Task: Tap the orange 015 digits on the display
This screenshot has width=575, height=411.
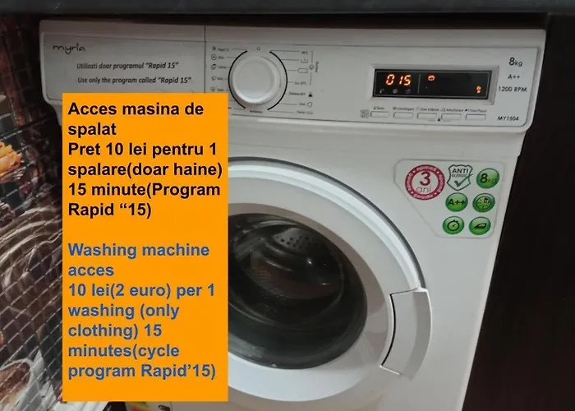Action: tap(399, 81)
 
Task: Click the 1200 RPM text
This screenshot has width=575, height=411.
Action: tap(512, 87)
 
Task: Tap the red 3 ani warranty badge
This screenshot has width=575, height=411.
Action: tap(424, 180)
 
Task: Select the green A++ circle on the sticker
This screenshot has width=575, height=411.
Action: tap(457, 202)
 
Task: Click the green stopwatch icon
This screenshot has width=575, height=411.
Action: tap(453, 225)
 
